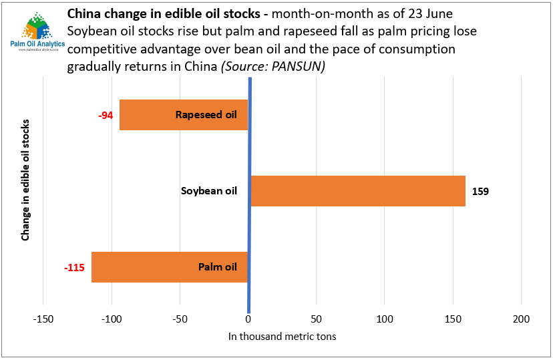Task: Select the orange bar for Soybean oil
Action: (x=357, y=191)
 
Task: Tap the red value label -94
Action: (x=106, y=115)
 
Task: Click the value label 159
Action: (x=480, y=192)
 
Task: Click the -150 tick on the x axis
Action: (x=43, y=319)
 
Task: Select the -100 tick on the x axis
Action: (x=112, y=319)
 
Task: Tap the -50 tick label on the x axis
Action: (x=180, y=319)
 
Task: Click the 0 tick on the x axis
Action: (x=248, y=319)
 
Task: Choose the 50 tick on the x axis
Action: (x=317, y=319)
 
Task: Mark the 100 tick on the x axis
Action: (x=385, y=319)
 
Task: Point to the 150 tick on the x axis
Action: (x=453, y=319)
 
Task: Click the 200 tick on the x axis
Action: (x=521, y=319)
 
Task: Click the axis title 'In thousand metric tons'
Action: (x=283, y=337)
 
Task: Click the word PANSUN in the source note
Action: (x=299, y=67)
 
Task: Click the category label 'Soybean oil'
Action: (x=209, y=191)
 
